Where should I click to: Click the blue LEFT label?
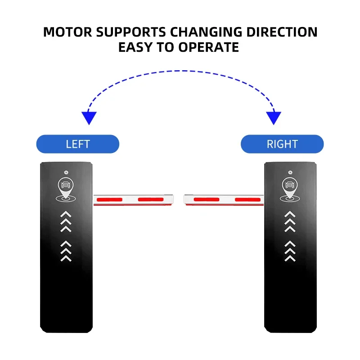[78, 144]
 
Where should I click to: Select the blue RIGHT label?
[282, 144]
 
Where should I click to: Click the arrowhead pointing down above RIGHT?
[274, 118]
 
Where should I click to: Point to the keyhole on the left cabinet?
[67, 171]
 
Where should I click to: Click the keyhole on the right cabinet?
[291, 171]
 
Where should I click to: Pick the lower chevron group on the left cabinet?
[66, 251]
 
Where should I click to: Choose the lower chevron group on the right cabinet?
[290, 251]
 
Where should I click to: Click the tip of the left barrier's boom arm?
[171, 198]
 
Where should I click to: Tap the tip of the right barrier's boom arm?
[186, 198]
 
